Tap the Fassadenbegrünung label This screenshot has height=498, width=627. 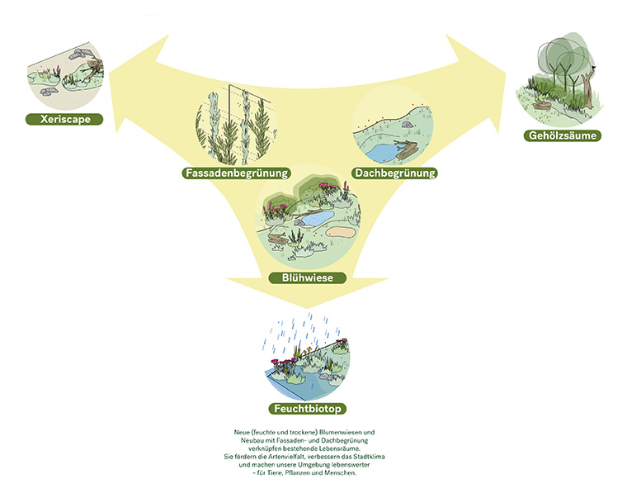237,173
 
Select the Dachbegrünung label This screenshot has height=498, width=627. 394,173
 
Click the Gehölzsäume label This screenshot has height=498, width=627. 564,135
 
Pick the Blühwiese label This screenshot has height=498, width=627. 307,278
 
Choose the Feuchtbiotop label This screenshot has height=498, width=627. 307,409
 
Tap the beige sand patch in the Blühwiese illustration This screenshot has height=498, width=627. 339,232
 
